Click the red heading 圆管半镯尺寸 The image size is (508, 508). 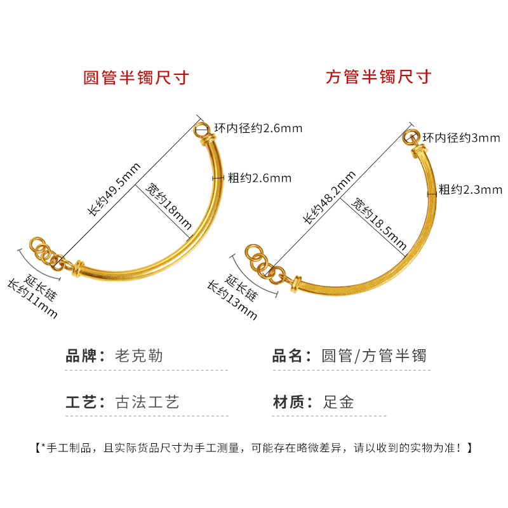[x=137, y=77]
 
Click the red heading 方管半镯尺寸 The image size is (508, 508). [x=378, y=77]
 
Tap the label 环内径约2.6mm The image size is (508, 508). [x=258, y=128]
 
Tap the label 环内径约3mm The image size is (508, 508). [x=462, y=138]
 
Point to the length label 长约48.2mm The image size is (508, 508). [x=329, y=197]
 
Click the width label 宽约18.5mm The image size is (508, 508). [x=380, y=222]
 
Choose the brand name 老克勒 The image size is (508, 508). [x=139, y=356]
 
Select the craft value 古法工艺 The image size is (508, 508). [x=147, y=402]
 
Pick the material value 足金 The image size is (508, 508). [x=338, y=402]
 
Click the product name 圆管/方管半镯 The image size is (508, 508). [x=374, y=356]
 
